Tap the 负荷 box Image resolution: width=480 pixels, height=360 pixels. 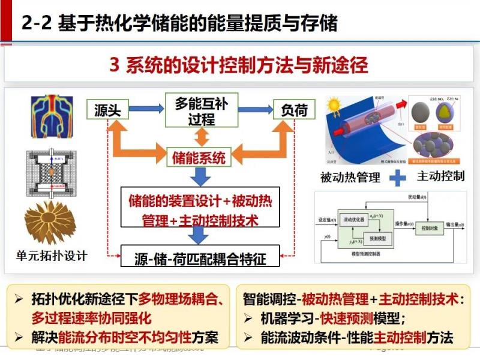pyautogui.click(x=294, y=109)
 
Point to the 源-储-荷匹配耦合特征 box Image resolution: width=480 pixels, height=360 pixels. pyautogui.click(x=200, y=259)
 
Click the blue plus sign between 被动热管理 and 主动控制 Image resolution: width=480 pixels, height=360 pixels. pyautogui.click(x=397, y=177)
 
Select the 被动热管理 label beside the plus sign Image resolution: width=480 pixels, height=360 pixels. pyautogui.click(x=350, y=178)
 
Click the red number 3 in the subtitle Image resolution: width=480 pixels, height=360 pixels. pyautogui.click(x=115, y=65)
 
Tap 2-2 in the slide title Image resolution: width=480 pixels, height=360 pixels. pyautogui.click(x=37, y=23)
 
